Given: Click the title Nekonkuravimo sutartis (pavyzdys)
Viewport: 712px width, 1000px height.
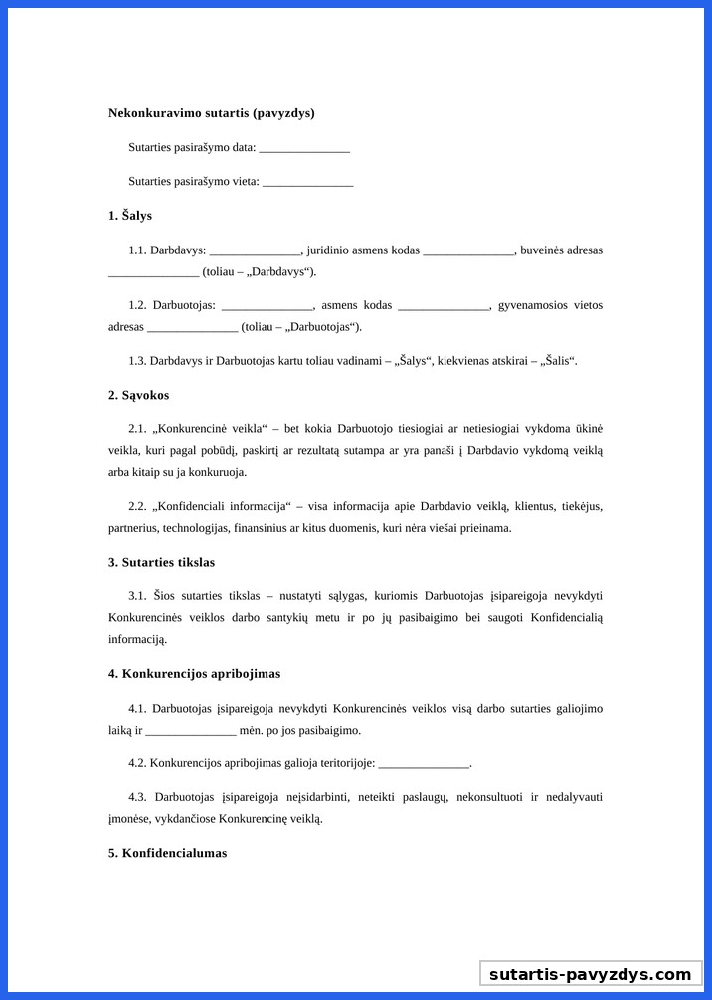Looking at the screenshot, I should pyautogui.click(x=211, y=113).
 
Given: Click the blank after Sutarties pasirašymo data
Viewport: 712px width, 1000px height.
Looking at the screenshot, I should pyautogui.click(x=304, y=148).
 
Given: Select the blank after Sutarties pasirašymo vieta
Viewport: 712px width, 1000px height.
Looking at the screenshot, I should pyautogui.click(x=307, y=182).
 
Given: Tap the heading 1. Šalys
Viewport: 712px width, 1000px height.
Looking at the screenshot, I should pyautogui.click(x=130, y=216).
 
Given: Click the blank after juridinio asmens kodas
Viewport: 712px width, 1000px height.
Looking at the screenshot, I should pyautogui.click(x=468, y=250).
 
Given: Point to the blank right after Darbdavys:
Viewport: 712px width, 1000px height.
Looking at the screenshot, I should pyautogui.click(x=255, y=250).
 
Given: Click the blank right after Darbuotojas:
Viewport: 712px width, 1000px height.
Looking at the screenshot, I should pyautogui.click(x=267, y=306).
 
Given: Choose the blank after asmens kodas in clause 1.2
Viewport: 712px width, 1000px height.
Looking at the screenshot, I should pyautogui.click(x=445, y=306).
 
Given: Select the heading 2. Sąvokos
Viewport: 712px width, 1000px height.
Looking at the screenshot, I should pyautogui.click(x=138, y=396).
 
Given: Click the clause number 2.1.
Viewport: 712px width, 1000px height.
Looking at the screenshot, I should pyautogui.click(x=137, y=429).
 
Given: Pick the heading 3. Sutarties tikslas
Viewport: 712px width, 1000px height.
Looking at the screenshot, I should pyautogui.click(x=161, y=563).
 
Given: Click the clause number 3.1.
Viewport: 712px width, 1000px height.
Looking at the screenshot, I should pyautogui.click(x=137, y=596).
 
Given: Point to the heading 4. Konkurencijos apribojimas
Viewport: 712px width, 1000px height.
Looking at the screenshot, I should pyautogui.click(x=194, y=674).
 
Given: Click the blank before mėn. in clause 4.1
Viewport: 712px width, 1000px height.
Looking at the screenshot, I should pyautogui.click(x=191, y=731).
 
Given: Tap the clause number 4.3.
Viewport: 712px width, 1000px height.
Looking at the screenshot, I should pyautogui.click(x=137, y=797).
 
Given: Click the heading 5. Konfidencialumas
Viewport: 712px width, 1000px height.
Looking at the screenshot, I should pyautogui.click(x=167, y=853).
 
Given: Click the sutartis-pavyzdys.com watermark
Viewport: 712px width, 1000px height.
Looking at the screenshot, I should pyautogui.click(x=590, y=974).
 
